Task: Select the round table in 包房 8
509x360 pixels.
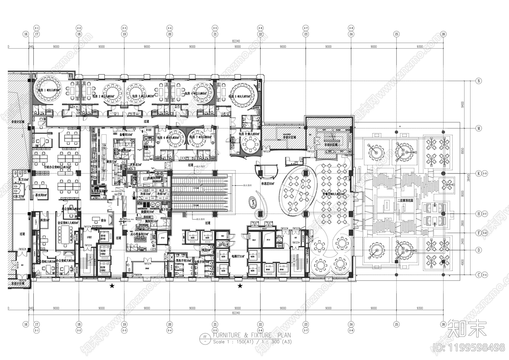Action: point(251,146)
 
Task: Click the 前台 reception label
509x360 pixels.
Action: point(103,220)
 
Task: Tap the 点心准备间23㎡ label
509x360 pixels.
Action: point(139,234)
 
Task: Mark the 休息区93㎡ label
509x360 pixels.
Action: point(268,184)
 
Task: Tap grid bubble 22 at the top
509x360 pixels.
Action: point(260,34)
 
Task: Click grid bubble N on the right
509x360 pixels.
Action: point(479,81)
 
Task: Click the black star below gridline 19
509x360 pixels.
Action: point(112,286)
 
